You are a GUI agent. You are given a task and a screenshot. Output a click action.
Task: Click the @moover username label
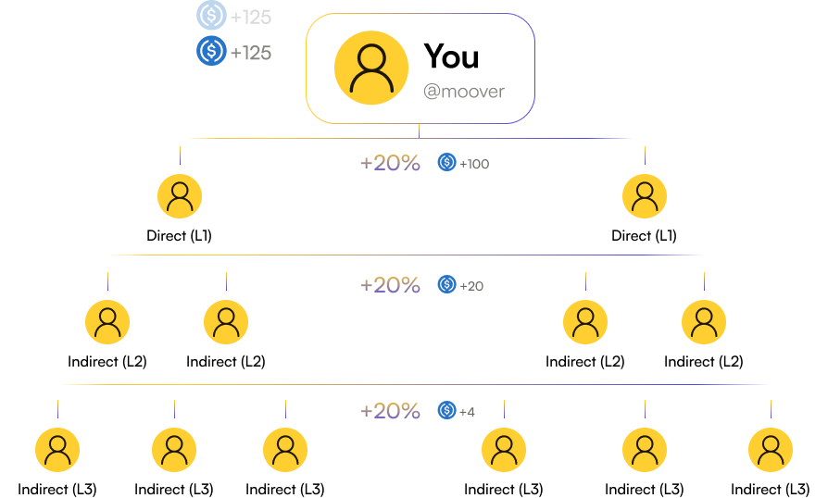coord(464,92)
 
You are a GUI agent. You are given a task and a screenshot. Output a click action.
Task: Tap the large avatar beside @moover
coord(371,68)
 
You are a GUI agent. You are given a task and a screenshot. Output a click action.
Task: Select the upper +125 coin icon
coord(211,16)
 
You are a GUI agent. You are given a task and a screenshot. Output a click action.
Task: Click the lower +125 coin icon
coord(211,51)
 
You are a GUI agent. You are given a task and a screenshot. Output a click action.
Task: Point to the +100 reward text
coord(474,164)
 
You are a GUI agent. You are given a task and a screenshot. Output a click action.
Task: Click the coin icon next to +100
coord(447,163)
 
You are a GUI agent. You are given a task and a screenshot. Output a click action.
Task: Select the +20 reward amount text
coord(471,286)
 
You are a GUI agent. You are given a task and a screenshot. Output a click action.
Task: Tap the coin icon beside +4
coord(447,410)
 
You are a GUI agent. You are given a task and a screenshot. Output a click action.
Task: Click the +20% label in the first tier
coord(390,163)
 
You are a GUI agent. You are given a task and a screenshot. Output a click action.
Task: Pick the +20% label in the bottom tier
coord(390,410)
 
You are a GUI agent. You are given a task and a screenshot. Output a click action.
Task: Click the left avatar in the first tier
coord(180,196)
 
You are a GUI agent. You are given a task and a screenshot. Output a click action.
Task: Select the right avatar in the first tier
coord(645,196)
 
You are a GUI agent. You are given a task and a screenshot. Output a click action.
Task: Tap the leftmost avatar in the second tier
coord(107,322)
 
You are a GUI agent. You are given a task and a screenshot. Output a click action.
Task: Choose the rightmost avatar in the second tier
coord(704,322)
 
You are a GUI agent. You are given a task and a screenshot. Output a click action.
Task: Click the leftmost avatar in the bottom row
coord(57,450)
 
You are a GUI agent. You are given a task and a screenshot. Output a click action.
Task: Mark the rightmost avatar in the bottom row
coord(771,450)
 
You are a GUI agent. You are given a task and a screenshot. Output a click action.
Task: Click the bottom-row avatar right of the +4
coord(504,450)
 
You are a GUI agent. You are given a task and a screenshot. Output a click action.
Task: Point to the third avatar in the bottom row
coord(285,450)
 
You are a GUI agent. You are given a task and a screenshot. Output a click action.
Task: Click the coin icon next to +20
coord(447,285)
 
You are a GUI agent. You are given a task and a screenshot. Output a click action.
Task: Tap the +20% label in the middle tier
coord(390,285)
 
